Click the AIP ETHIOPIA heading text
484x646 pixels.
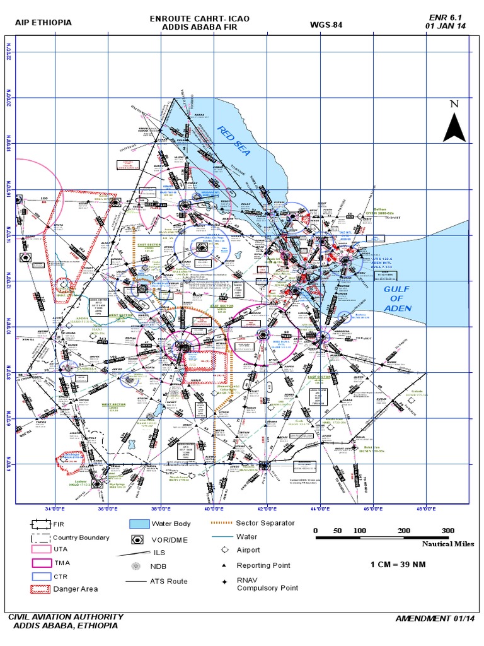click(x=43, y=23)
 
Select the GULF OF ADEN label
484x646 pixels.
click(x=397, y=298)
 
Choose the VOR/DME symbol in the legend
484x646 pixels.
click(x=137, y=540)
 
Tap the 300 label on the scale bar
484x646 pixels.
click(x=448, y=531)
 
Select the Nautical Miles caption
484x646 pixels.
click(x=447, y=543)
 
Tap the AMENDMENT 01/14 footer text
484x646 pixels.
click(x=433, y=618)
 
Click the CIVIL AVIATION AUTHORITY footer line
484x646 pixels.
click(x=66, y=616)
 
